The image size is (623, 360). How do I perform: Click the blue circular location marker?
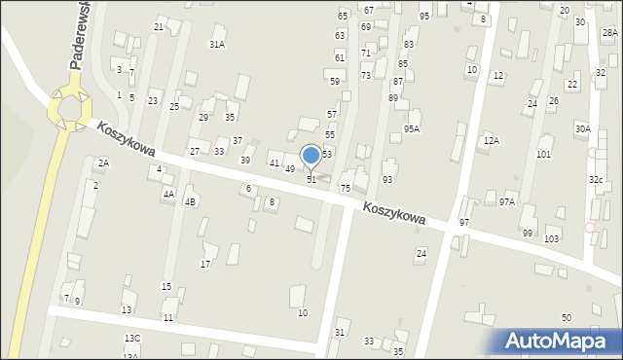click(311, 155)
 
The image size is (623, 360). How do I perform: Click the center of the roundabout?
click(70, 106)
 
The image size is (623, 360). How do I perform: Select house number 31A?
click(217, 44)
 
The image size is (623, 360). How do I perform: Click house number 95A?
click(412, 128)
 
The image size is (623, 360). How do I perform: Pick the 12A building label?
click(491, 141)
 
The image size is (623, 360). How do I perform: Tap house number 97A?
click(507, 201)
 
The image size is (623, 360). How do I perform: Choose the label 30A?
click(582, 128)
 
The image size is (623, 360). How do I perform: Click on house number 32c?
click(595, 179)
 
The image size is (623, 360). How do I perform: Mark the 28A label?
click(609, 33)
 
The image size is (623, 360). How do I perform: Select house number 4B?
click(191, 201)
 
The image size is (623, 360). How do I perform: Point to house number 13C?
click(131, 338)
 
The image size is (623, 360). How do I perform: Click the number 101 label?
click(543, 154)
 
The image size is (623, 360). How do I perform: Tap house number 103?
click(552, 238)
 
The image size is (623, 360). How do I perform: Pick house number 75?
click(345, 188)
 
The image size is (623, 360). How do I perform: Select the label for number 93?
click(387, 179)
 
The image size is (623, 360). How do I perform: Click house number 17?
click(205, 264)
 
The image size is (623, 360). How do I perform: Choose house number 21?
click(159, 26)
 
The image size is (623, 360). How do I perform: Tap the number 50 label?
click(566, 318)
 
